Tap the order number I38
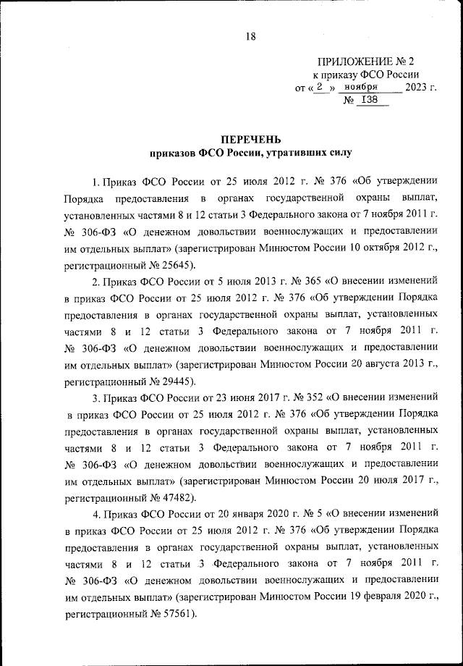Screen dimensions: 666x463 [x=370, y=101]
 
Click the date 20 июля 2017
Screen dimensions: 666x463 [x=388, y=481]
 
